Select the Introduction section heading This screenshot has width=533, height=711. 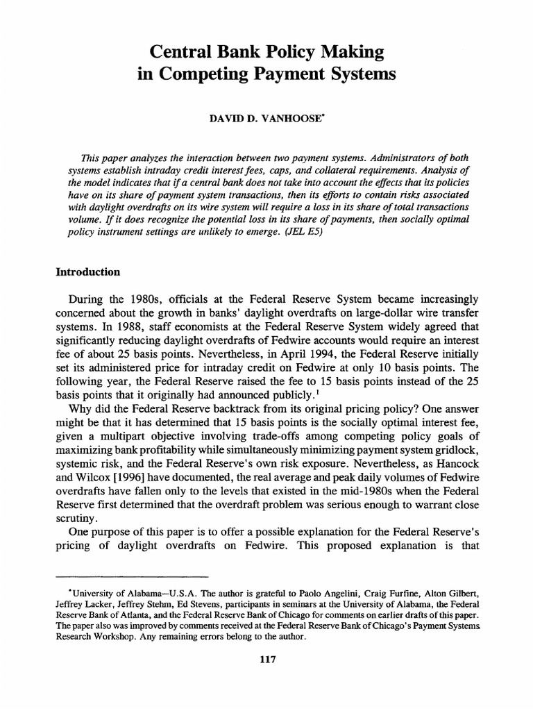point(88,272)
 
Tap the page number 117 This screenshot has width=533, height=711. point(266,660)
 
